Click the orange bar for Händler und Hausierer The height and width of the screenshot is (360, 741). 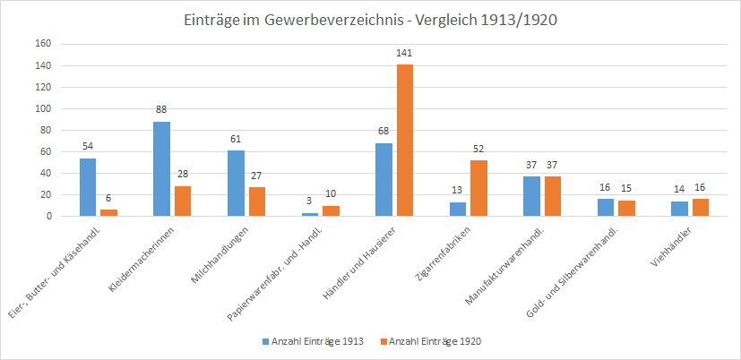coord(405,141)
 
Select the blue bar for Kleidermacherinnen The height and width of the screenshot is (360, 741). coord(161,168)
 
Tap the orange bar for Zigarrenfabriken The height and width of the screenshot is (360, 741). coord(478,188)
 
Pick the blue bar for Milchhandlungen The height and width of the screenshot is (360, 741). coord(236,184)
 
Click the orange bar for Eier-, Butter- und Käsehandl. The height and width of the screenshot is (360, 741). coord(108,213)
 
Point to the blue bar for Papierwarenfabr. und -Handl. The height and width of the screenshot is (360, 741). coord(310,215)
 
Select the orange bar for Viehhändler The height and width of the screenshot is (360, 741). coord(701,208)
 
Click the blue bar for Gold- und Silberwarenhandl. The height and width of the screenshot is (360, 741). coord(606,208)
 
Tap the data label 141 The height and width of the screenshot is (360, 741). coord(405,54)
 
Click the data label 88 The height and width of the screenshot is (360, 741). coord(161,109)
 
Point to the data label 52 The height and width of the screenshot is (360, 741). coord(478,149)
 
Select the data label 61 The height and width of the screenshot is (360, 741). coord(236,139)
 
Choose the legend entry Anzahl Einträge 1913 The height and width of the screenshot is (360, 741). coord(313,341)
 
